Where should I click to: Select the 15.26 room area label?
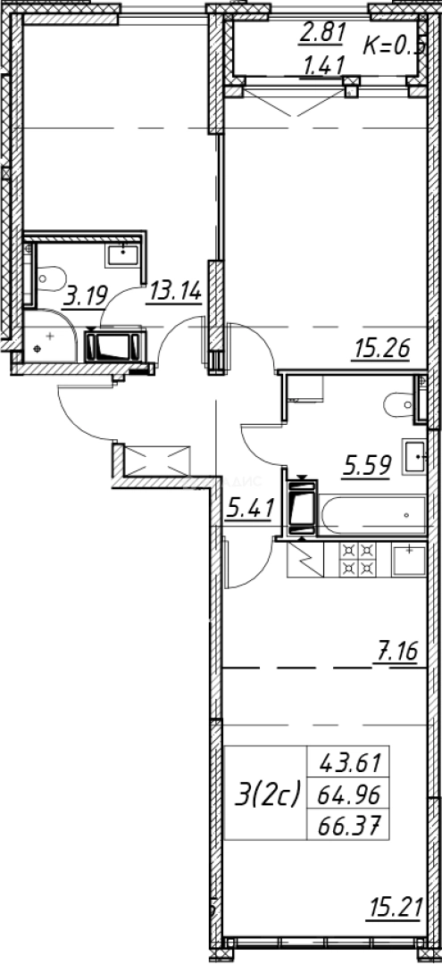point(381,348)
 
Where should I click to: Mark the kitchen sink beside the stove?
point(408,560)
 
